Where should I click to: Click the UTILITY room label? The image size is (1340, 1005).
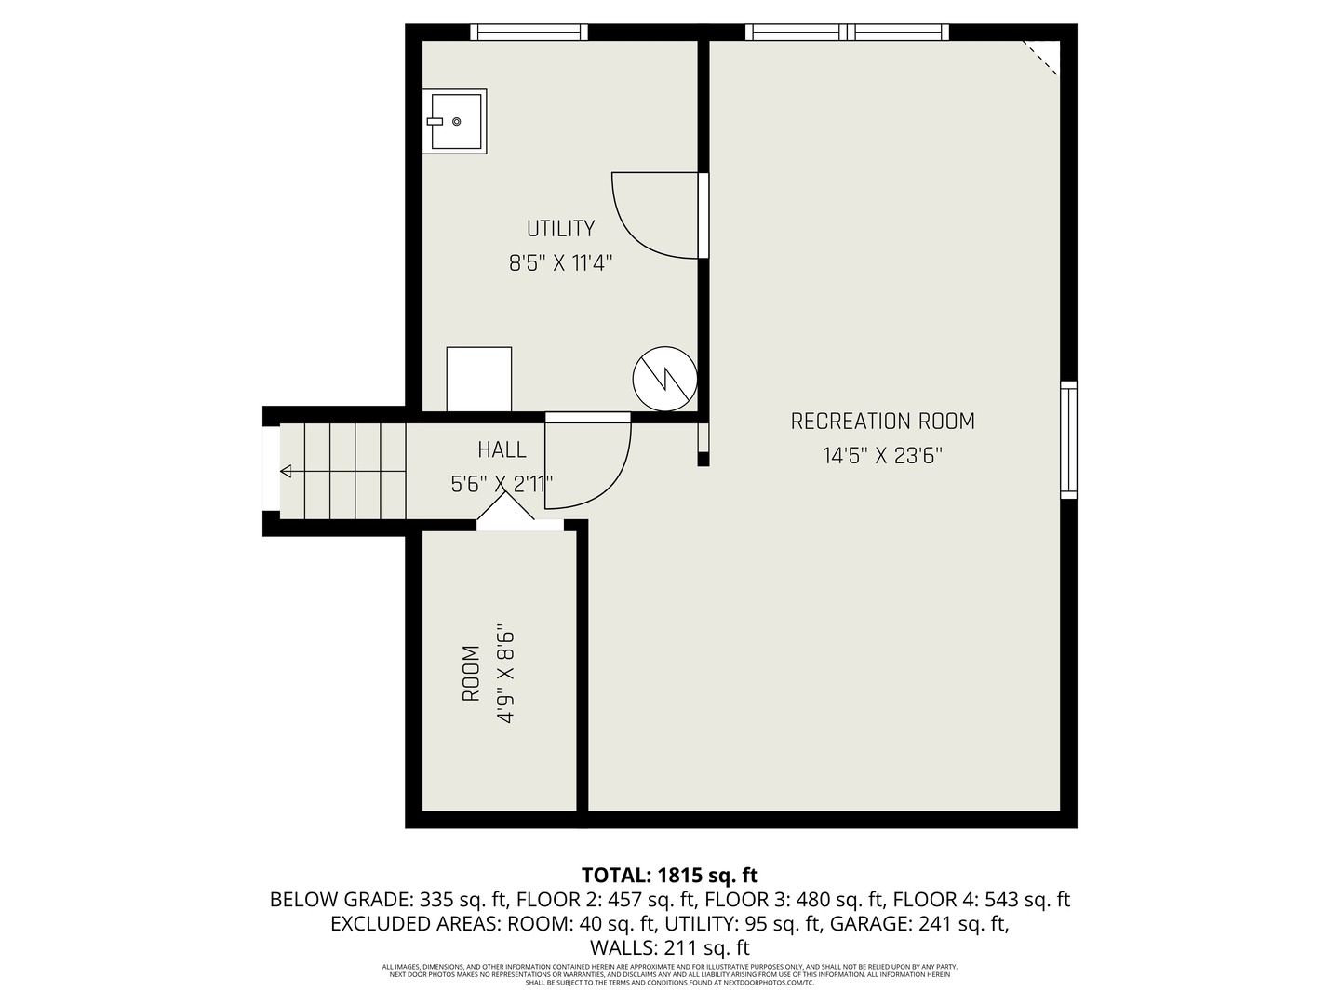[560, 229]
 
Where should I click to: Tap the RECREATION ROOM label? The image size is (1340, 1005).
[882, 422]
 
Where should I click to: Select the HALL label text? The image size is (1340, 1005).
[502, 450]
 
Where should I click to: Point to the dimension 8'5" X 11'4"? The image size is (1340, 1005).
[560, 264]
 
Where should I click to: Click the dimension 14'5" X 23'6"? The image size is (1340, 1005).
[882, 457]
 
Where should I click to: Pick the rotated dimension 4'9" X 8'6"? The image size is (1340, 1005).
[505, 673]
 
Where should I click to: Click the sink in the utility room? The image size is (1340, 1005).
[454, 121]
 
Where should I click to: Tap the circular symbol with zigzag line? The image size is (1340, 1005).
[664, 379]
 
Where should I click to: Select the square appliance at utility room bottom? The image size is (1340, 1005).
[478, 379]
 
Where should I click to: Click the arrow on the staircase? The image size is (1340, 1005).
[287, 471]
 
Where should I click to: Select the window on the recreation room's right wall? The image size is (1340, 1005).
[1068, 439]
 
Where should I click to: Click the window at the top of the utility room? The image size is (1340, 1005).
[529, 33]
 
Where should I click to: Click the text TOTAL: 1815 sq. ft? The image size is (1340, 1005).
[669, 876]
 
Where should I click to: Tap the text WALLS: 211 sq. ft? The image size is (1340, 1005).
[669, 948]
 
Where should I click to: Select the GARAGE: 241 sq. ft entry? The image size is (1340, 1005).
[919, 924]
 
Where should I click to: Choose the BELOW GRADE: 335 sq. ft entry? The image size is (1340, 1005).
[387, 900]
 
